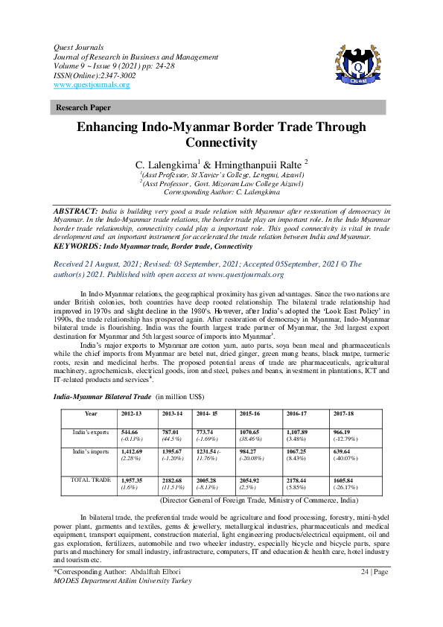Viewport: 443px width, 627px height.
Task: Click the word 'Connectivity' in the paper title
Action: pos(221,142)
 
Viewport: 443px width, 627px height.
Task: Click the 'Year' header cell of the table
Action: pos(91,413)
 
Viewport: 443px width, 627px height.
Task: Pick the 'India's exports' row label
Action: pos(91,432)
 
